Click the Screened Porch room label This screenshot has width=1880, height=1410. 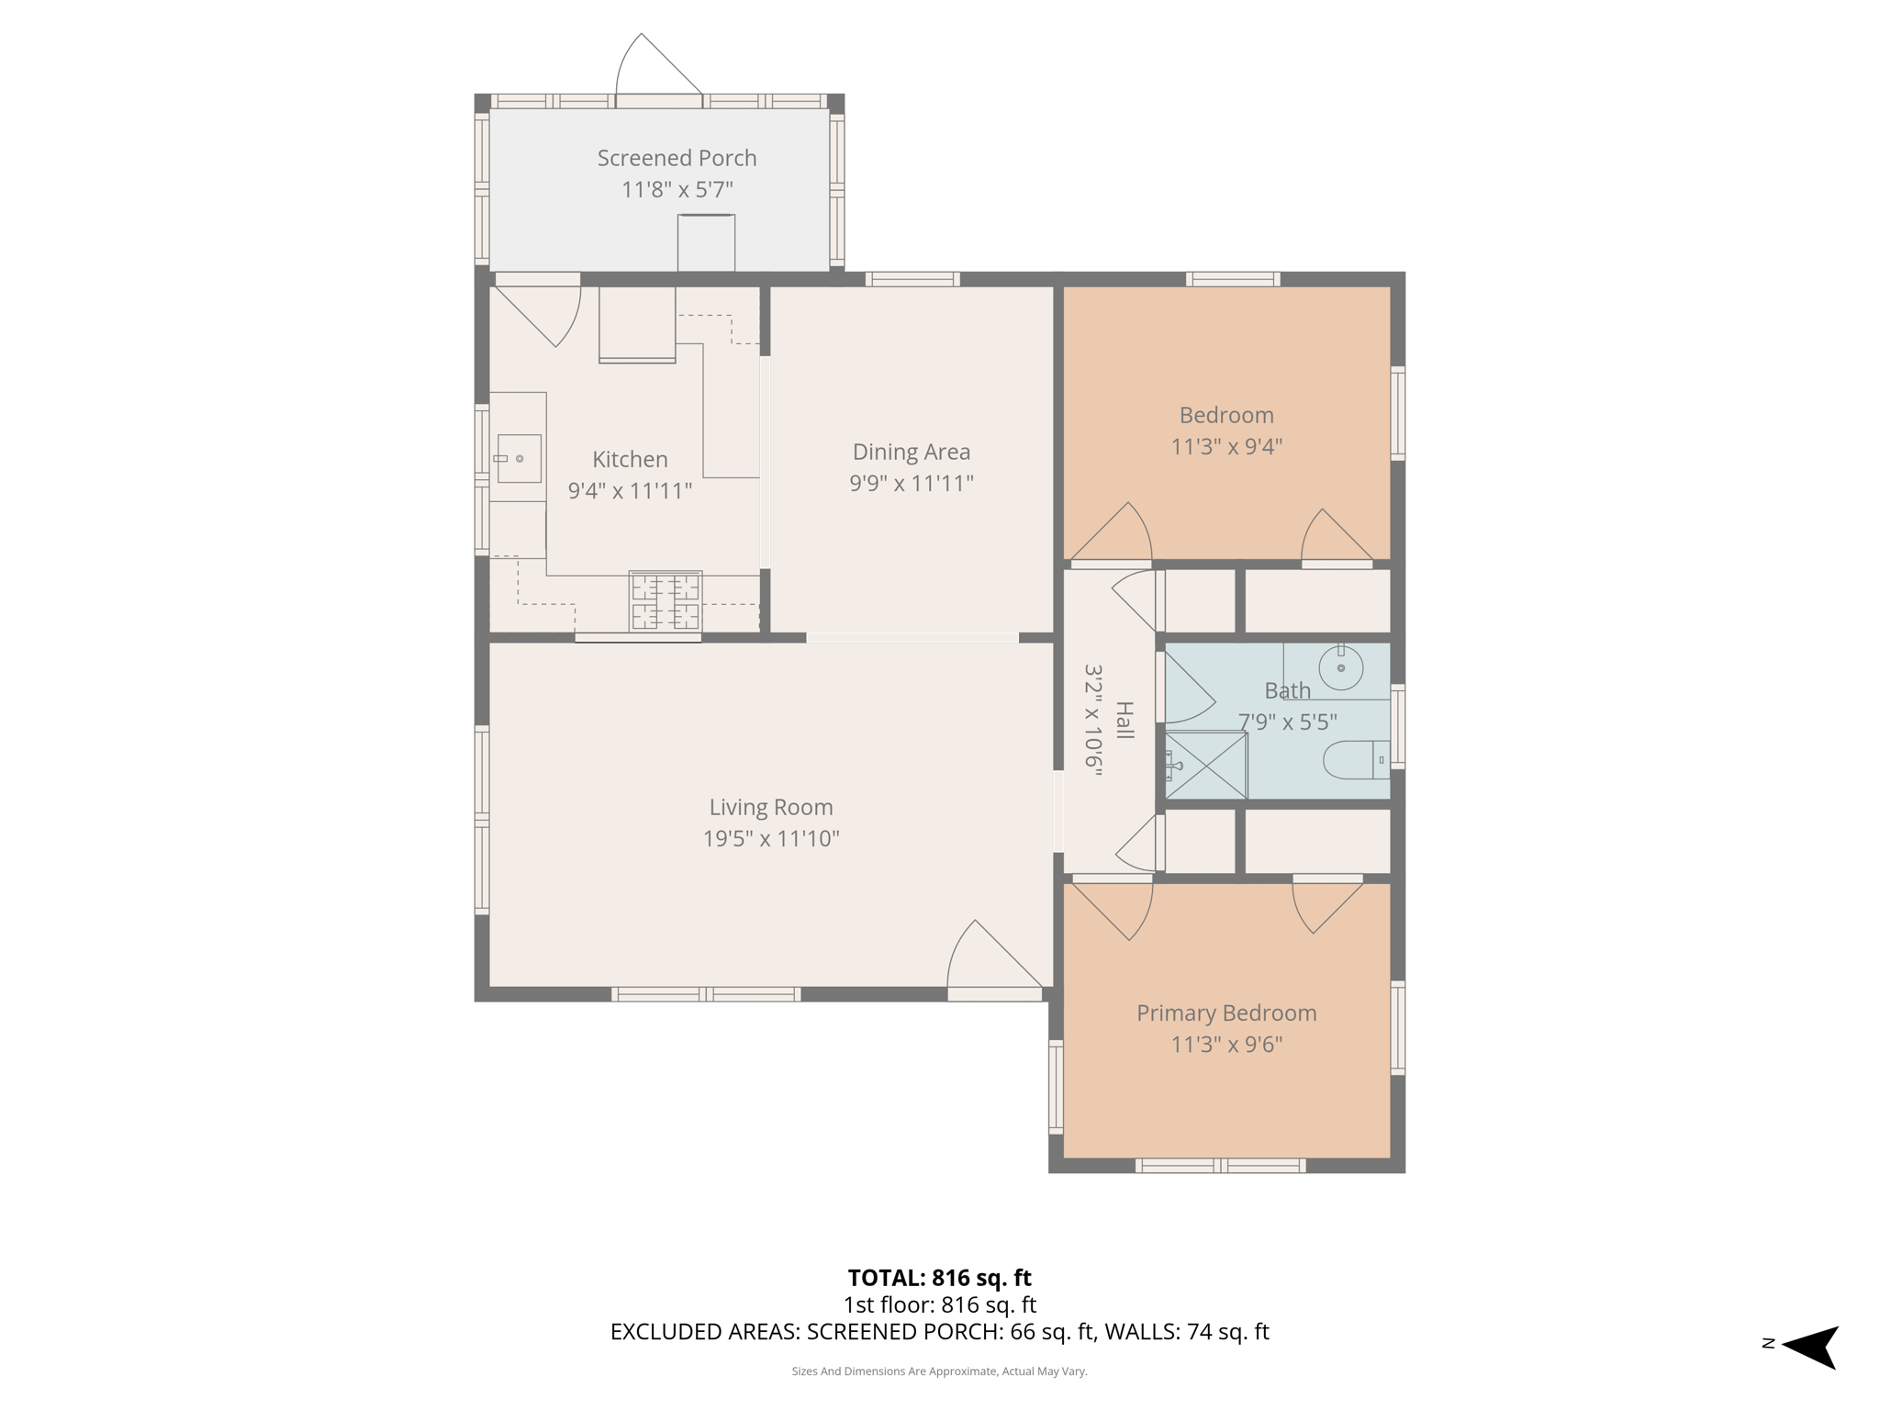pyautogui.click(x=677, y=158)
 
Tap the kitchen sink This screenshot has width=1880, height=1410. pyautogui.click(x=519, y=458)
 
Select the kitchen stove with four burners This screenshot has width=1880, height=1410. pyautogui.click(x=666, y=602)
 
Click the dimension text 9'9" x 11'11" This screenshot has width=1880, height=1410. pyautogui.click(x=911, y=483)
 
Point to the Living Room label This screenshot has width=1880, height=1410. pyautogui.click(x=770, y=807)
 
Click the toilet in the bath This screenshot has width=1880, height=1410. pyautogui.click(x=1355, y=759)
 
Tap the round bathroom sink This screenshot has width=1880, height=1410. pyautogui.click(x=1340, y=667)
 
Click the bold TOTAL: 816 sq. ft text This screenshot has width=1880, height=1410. pyautogui.click(x=939, y=1278)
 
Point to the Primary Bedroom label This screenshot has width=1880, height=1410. pyautogui.click(x=1225, y=1013)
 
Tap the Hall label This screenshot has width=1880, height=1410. pyautogui.click(x=1125, y=721)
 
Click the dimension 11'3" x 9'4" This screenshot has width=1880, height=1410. pyautogui.click(x=1225, y=446)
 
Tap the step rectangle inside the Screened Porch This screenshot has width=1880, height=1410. pyautogui.click(x=706, y=242)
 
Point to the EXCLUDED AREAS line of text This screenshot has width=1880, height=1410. pyautogui.click(x=939, y=1331)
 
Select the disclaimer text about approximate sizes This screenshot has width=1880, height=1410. pyautogui.click(x=939, y=1371)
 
